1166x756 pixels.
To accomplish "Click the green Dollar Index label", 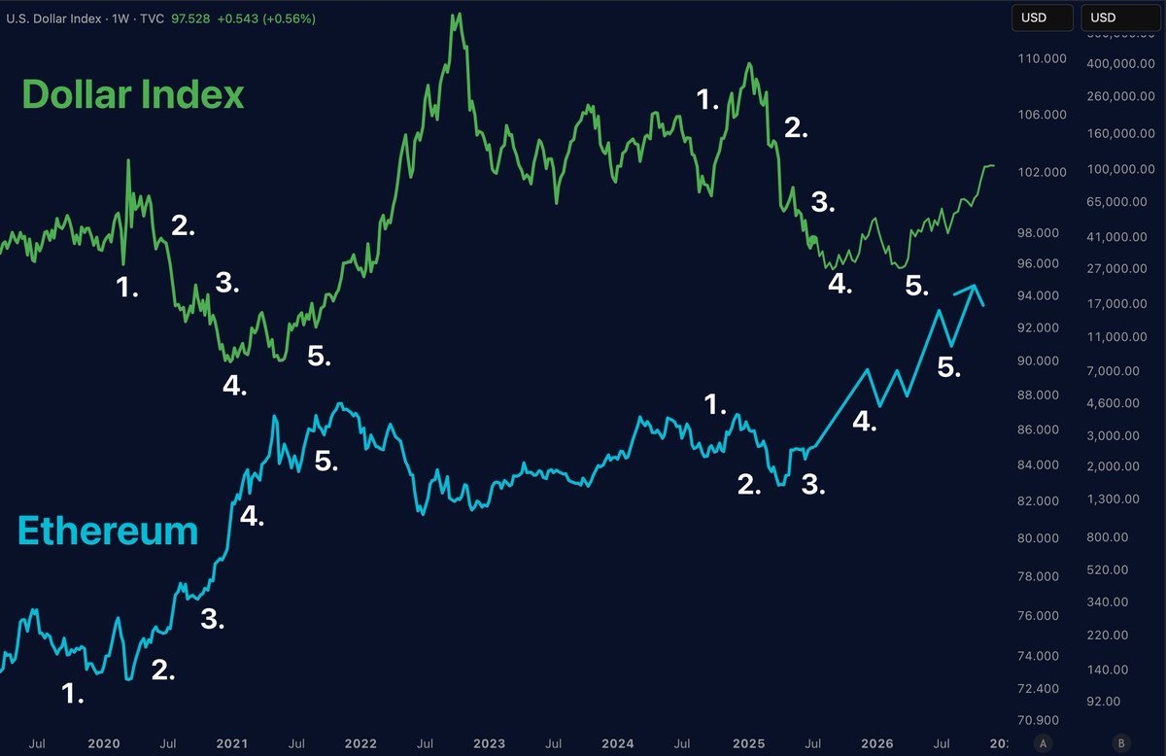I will (x=132, y=95).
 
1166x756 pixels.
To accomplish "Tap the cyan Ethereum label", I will (x=108, y=532).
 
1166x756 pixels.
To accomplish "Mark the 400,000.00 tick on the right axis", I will (x=1118, y=64).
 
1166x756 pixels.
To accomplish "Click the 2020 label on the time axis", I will (x=103, y=743).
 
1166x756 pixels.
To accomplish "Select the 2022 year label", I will (x=360, y=743).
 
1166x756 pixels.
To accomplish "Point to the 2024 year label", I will (x=617, y=743).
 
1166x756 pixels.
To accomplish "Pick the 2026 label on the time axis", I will (x=875, y=743).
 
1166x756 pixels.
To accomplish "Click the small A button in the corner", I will (x=1043, y=742).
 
